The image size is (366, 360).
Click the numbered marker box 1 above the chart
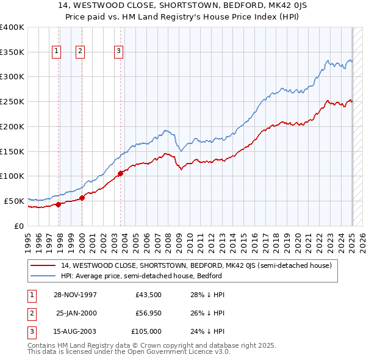coord(56,52)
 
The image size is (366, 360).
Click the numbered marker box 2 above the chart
coord(80,52)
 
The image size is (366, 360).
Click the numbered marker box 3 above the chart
coord(118,52)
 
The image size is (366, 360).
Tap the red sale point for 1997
coord(59,204)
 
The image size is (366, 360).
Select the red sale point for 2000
coord(82,198)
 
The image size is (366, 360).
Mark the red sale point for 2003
coord(120,173)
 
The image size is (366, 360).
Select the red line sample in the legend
coord(44,266)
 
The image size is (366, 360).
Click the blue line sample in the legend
coord(44,276)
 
